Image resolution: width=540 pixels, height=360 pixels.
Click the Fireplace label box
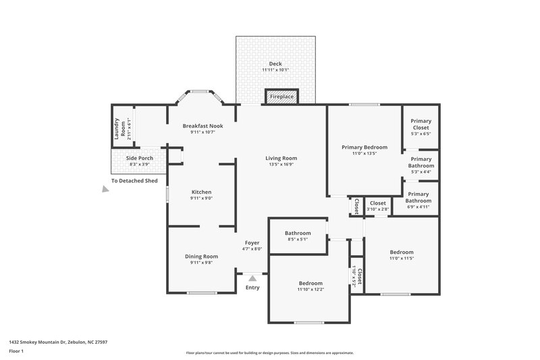tap(281, 97)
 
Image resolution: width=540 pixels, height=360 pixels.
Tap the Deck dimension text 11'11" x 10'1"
tap(275, 70)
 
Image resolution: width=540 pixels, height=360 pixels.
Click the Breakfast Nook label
tap(202, 126)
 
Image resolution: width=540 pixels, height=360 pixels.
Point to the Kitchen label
tap(201, 192)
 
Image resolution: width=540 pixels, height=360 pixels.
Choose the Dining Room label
tap(201, 256)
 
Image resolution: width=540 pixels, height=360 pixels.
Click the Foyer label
tap(252, 242)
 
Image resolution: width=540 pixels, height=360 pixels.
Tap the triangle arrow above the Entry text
tap(252, 277)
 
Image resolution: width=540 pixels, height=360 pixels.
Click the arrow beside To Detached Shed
tap(105, 190)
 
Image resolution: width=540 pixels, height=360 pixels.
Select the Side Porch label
tap(140, 158)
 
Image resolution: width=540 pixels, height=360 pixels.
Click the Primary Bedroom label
tap(364, 147)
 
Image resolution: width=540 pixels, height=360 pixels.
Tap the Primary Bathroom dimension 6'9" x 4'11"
tap(418, 207)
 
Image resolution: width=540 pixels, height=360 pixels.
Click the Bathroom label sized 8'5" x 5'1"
tap(298, 232)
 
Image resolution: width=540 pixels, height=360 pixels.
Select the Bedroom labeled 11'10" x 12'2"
tap(310, 283)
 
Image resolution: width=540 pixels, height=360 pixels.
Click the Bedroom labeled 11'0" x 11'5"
tap(401, 252)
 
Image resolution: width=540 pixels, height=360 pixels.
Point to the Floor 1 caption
tap(16, 351)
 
